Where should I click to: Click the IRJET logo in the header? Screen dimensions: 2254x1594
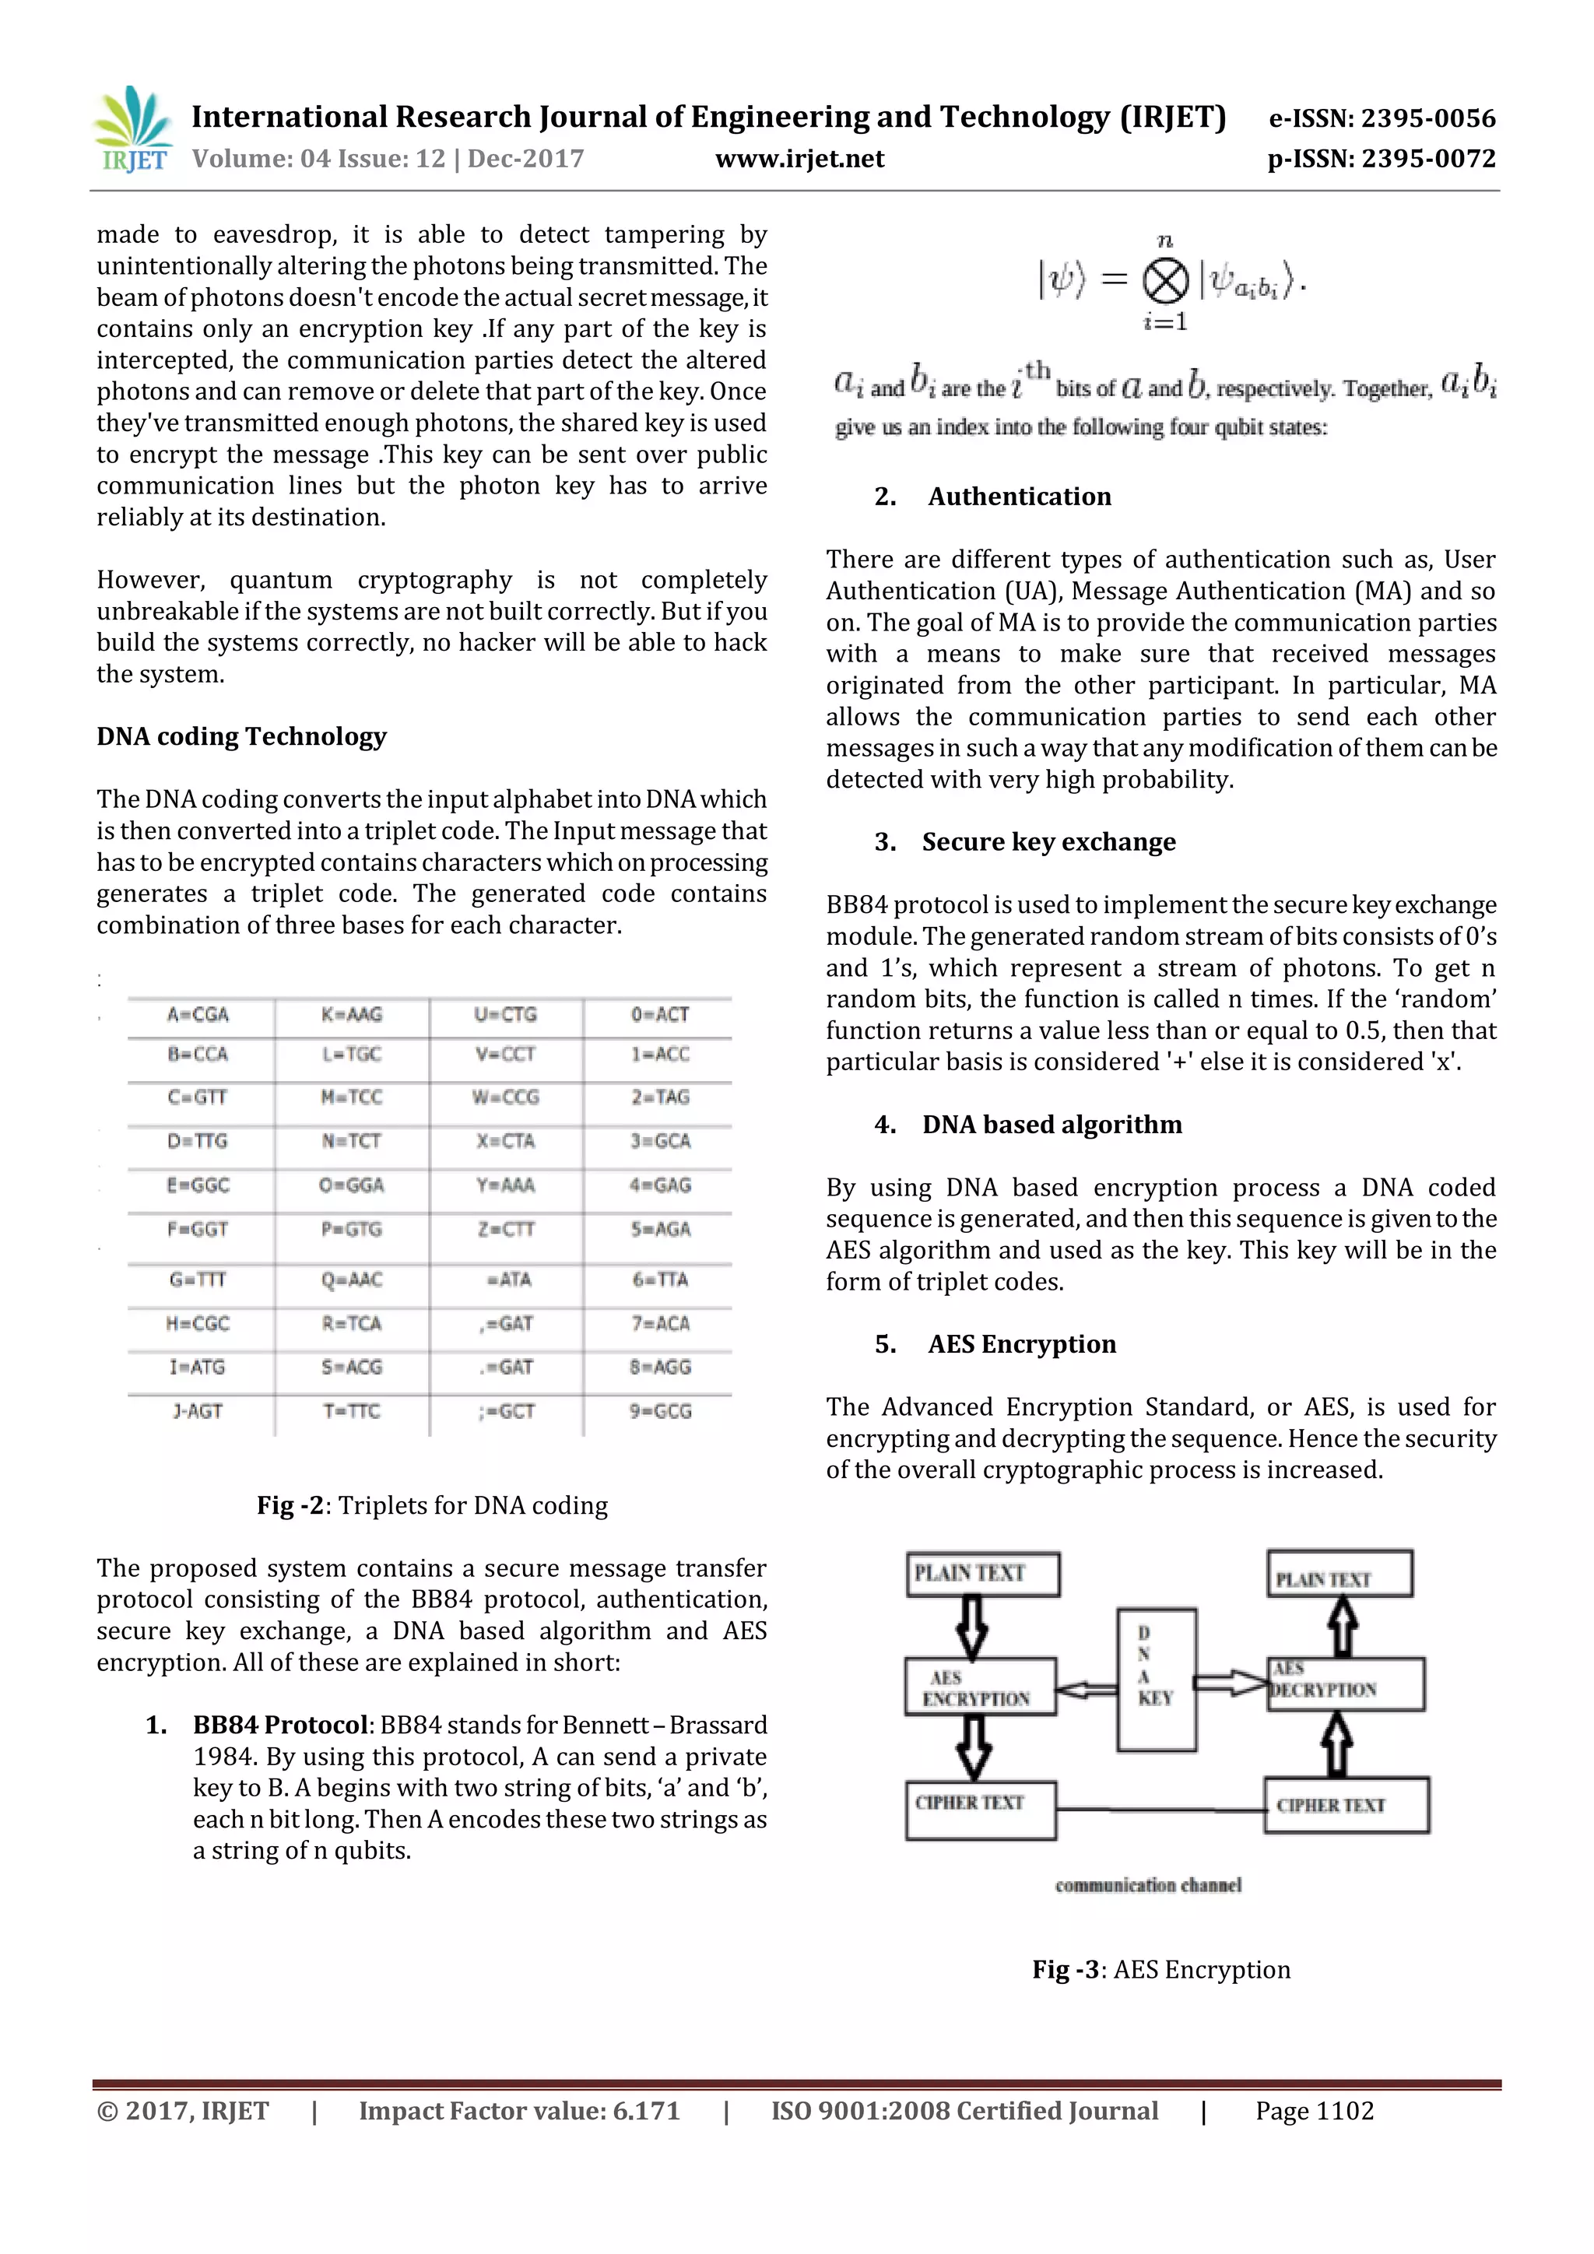coord(132,128)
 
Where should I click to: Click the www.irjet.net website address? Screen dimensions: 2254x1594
coord(799,159)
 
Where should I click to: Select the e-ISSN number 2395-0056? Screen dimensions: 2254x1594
coord(1382,119)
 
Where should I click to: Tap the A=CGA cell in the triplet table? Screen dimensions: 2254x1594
coord(198,1014)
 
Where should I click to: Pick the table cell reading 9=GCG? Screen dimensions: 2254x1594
coord(661,1411)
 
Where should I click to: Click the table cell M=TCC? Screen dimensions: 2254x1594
coord(351,1097)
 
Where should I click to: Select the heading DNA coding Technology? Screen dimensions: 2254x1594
coord(241,736)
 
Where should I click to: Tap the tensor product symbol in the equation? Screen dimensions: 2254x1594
coord(1165,283)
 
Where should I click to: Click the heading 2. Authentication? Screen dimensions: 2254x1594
coord(993,497)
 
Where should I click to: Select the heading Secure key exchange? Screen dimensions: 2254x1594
coord(1048,842)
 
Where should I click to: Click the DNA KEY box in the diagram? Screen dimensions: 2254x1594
coord(1157,1679)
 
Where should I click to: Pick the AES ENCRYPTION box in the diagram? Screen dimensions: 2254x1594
coord(980,1687)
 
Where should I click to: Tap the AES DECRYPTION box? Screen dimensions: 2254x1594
coord(1345,1683)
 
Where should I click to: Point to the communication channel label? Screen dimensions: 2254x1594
coord(1148,1885)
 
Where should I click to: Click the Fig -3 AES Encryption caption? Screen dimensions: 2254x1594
coord(1161,1969)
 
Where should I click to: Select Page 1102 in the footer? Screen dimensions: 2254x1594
coord(1315,2111)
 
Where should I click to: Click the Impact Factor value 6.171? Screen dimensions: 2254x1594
coord(518,2111)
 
